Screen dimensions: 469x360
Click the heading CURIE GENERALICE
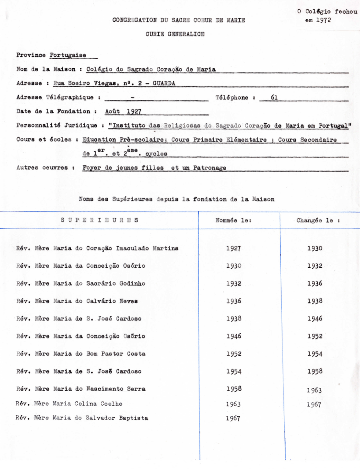pyautogui.click(x=175, y=34)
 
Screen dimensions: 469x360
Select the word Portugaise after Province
pyautogui.click(x=68, y=55)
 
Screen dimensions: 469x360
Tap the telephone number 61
pyautogui.click(x=274, y=97)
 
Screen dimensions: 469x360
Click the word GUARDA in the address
pyautogui.click(x=164, y=83)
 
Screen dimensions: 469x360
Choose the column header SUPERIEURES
pyautogui.click(x=99, y=221)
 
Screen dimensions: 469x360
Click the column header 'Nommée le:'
pyautogui.click(x=233, y=221)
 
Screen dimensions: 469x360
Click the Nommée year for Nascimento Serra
pyautogui.click(x=233, y=389)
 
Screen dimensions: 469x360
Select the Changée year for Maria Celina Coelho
pyautogui.click(x=314, y=405)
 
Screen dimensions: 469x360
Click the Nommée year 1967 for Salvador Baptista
pyautogui.click(x=233, y=418)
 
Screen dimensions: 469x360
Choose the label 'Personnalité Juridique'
pyautogui.click(x=57, y=125)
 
